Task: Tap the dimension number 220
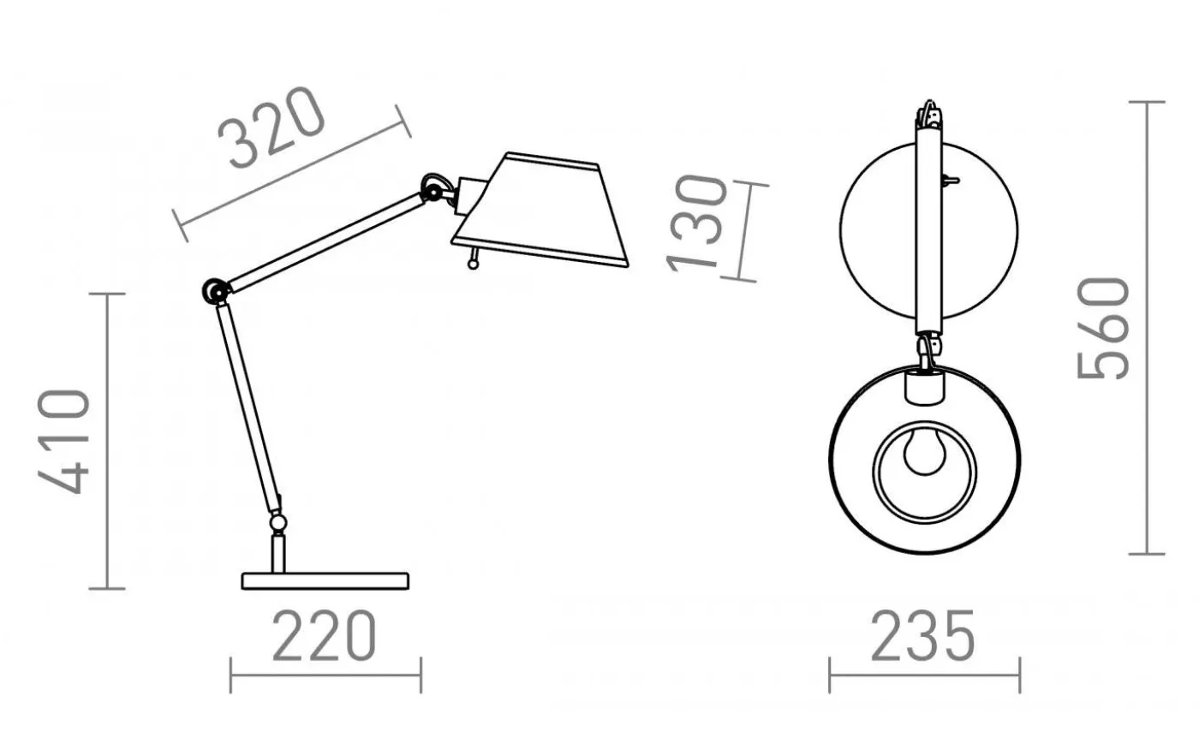[x=325, y=635]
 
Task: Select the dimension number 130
[x=697, y=223]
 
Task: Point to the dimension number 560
[x=1104, y=328]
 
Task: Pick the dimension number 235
[x=923, y=635]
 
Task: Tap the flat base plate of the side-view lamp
[x=325, y=581]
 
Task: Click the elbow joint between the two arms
[x=213, y=291]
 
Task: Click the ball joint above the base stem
[x=277, y=521]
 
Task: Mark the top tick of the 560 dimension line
[x=1147, y=102]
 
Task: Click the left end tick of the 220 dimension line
[x=231, y=674]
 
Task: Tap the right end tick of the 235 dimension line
[x=1019, y=674]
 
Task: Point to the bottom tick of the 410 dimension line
[x=107, y=588]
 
